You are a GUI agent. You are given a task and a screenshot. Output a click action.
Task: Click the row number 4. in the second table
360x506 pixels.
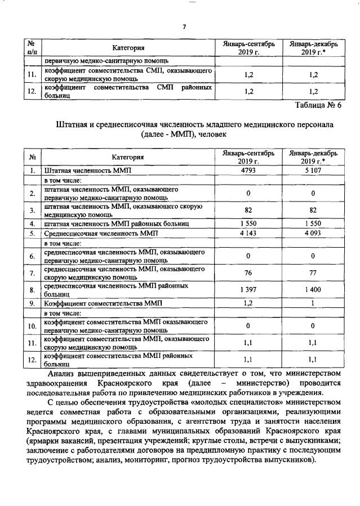pos(33,223)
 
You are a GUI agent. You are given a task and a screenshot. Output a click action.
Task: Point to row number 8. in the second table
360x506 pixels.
pos(33,290)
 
